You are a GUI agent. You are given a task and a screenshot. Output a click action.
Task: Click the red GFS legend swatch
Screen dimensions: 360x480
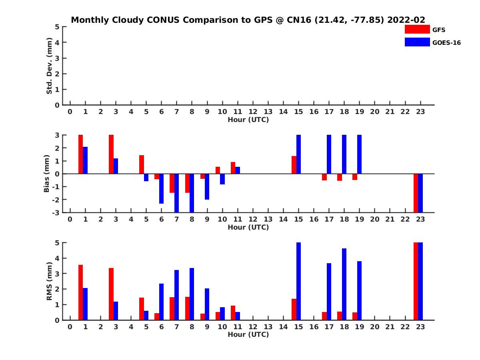pyautogui.click(x=418, y=29)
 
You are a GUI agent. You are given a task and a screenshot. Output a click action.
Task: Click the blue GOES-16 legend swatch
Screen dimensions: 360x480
pyautogui.click(x=418, y=42)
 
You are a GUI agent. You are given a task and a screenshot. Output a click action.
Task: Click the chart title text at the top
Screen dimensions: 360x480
pyautogui.click(x=248, y=20)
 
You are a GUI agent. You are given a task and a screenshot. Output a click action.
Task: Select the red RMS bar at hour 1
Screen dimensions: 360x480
pyautogui.click(x=80, y=292)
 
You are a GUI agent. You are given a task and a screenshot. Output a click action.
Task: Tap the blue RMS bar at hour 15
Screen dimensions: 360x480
pyautogui.click(x=298, y=281)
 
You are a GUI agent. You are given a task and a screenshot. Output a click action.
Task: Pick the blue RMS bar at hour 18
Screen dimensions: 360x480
pyautogui.click(x=344, y=284)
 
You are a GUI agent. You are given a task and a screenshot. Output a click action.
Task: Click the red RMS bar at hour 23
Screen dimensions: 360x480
pyautogui.click(x=416, y=281)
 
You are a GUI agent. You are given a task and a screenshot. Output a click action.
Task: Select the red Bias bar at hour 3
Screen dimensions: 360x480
pyautogui.click(x=111, y=154)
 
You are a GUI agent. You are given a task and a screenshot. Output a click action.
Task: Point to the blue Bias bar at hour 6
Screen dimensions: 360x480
pyautogui.click(x=161, y=189)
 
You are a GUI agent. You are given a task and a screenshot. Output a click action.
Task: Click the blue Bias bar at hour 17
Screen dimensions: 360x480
pyautogui.click(x=329, y=154)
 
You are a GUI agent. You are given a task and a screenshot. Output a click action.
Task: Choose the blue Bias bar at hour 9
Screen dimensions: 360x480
pyautogui.click(x=207, y=186)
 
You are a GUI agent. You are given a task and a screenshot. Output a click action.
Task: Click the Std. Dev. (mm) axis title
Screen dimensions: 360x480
pyautogui.click(x=50, y=66)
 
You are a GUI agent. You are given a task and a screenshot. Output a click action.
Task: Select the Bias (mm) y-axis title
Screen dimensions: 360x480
pyautogui.click(x=47, y=174)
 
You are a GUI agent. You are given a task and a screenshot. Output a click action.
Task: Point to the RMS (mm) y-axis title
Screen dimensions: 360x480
pyautogui.click(x=50, y=281)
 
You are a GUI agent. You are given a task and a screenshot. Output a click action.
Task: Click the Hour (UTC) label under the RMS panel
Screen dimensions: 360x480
pyautogui.click(x=248, y=334)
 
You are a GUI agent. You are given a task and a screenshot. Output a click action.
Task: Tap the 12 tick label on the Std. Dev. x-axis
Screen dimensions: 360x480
pyautogui.click(x=253, y=112)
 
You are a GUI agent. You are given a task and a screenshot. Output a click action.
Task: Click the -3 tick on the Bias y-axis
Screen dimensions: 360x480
pyautogui.click(x=56, y=212)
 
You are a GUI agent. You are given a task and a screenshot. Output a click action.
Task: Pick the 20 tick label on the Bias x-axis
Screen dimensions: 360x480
pyautogui.click(x=374, y=219)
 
